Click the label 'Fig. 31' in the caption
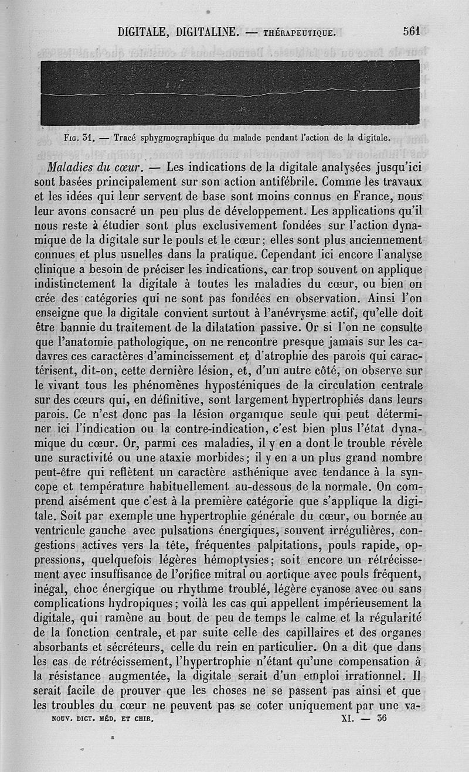[80, 139]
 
